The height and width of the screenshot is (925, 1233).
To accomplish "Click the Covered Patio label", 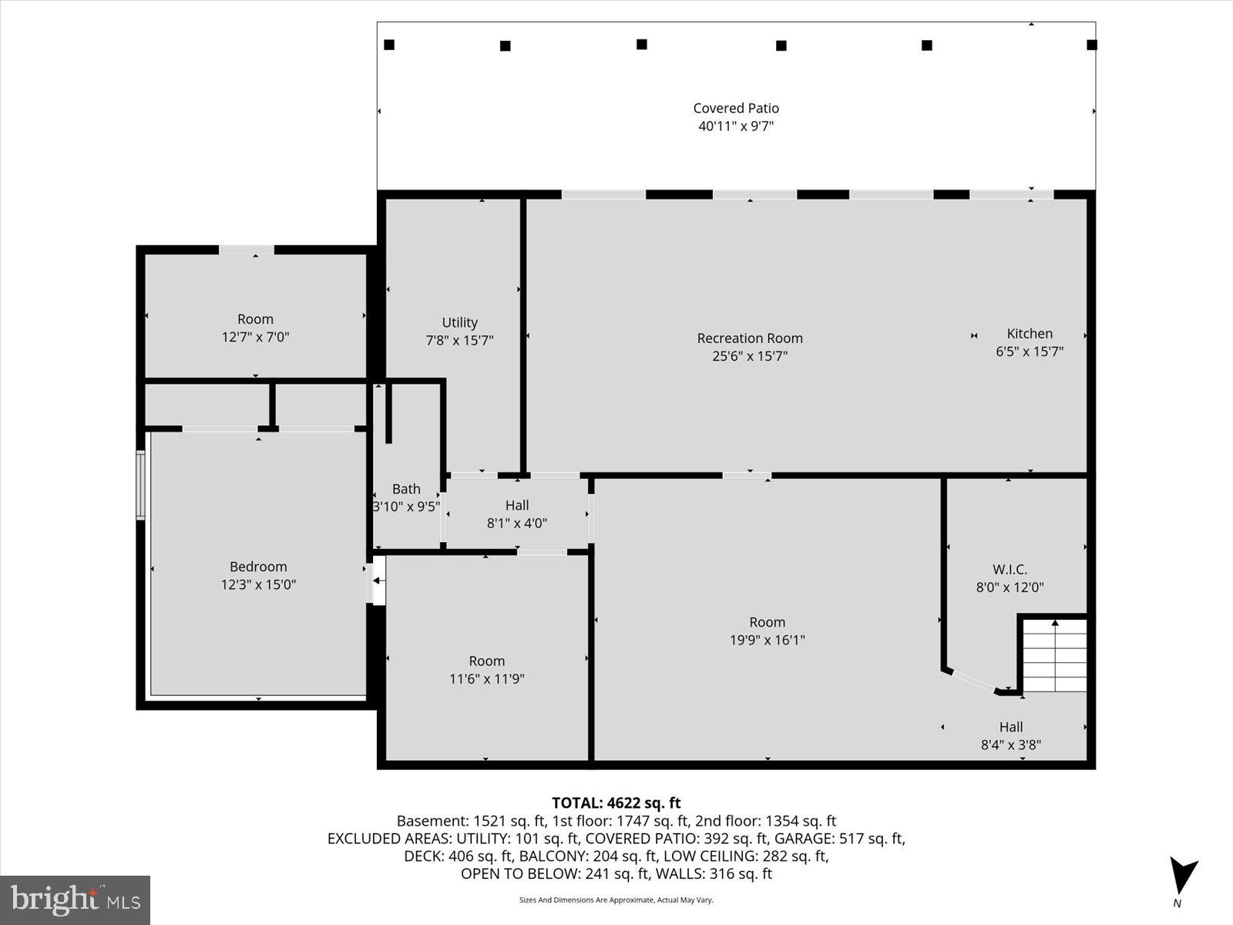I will pos(735,109).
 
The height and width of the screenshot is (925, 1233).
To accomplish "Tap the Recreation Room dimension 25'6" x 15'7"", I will pos(750,356).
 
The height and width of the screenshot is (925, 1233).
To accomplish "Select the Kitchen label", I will pos(1029,334).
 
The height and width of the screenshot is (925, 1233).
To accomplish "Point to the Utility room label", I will pos(459,323).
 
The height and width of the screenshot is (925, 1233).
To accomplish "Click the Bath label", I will pos(406,489).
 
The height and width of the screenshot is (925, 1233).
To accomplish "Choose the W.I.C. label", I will pos(1010,570).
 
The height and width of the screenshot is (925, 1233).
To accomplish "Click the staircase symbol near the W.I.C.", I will pos(1053,654).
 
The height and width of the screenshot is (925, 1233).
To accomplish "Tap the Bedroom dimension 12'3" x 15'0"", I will pos(258,584).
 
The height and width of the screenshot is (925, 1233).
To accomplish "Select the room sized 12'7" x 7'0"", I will pos(255,328).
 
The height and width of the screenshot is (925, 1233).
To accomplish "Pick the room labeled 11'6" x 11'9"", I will pos(486,670).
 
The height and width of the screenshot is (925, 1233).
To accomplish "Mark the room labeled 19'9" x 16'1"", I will pos(767,631).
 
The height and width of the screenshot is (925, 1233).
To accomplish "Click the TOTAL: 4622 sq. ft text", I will pos(616,803).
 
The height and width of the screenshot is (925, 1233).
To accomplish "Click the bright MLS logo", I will pos(75,900).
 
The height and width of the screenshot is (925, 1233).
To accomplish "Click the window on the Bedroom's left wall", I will pos(140,485).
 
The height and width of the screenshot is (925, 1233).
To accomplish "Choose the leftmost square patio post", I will pos(389,45).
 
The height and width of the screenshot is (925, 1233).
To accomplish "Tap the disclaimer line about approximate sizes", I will pos(616,900).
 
